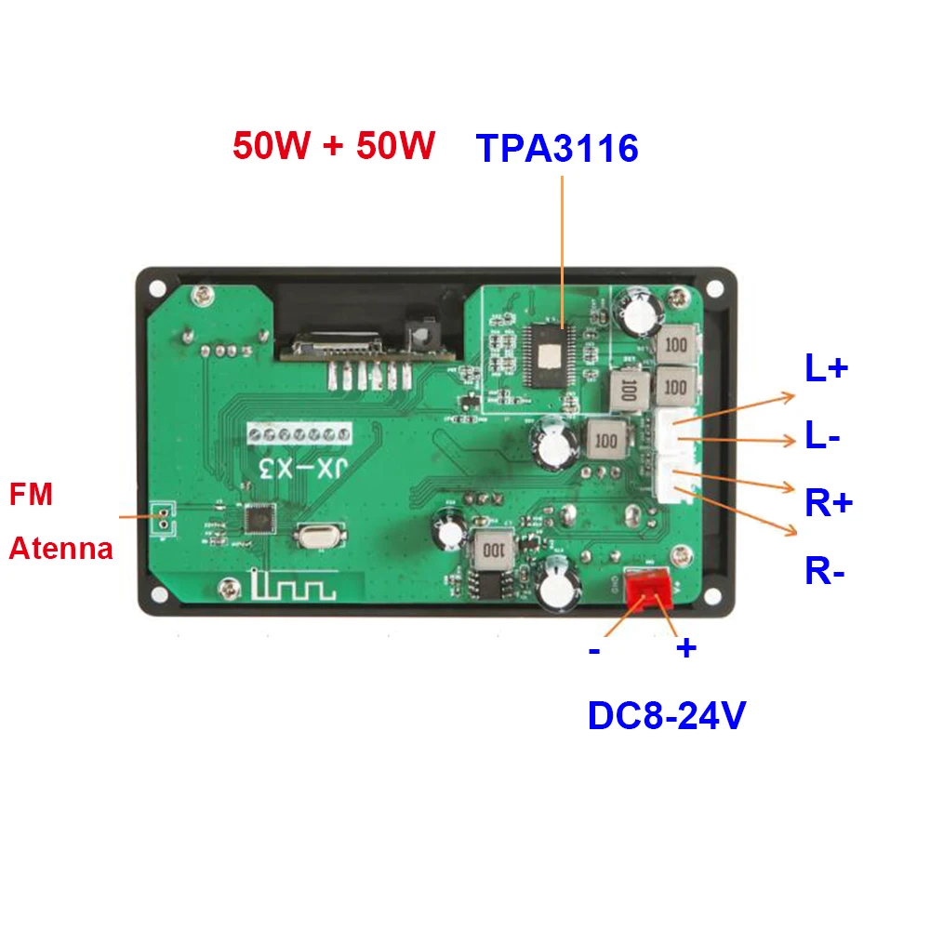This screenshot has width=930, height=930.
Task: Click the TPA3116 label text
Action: [x=557, y=149]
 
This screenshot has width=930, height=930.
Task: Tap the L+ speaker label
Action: [x=826, y=369]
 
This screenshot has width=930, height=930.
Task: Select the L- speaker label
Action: [x=823, y=435]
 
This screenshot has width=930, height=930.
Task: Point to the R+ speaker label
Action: [x=829, y=503]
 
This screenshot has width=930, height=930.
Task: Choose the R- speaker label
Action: [x=825, y=571]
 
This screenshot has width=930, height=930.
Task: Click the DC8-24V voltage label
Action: [x=667, y=715]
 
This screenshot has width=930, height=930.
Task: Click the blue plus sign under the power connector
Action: [x=685, y=648]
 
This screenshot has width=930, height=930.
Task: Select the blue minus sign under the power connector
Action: [x=594, y=650]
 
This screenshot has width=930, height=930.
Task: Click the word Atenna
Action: [x=60, y=548]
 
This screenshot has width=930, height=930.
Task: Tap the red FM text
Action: [x=31, y=494]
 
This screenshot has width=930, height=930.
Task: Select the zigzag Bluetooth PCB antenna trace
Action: [x=291, y=587]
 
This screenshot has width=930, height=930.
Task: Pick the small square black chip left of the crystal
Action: [x=259, y=518]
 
